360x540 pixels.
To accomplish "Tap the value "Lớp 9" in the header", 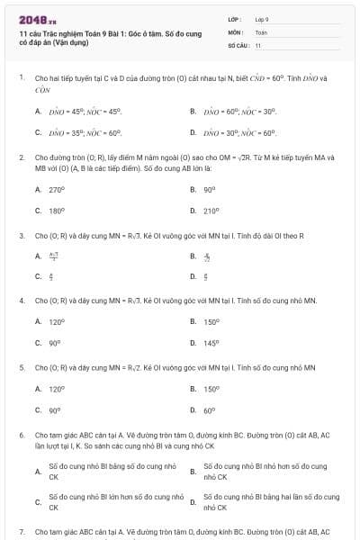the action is coord(262,18).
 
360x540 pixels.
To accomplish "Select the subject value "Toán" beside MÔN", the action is coord(261,31).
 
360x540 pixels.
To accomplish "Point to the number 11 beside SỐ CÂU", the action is coord(258,44).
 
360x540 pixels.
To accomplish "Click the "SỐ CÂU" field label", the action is coord(238,44).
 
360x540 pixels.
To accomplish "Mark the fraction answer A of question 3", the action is coord(52,256).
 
